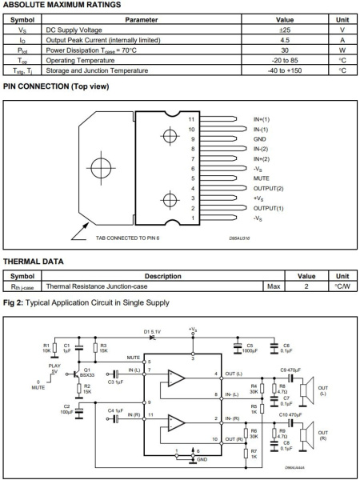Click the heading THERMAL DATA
[34, 262]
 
